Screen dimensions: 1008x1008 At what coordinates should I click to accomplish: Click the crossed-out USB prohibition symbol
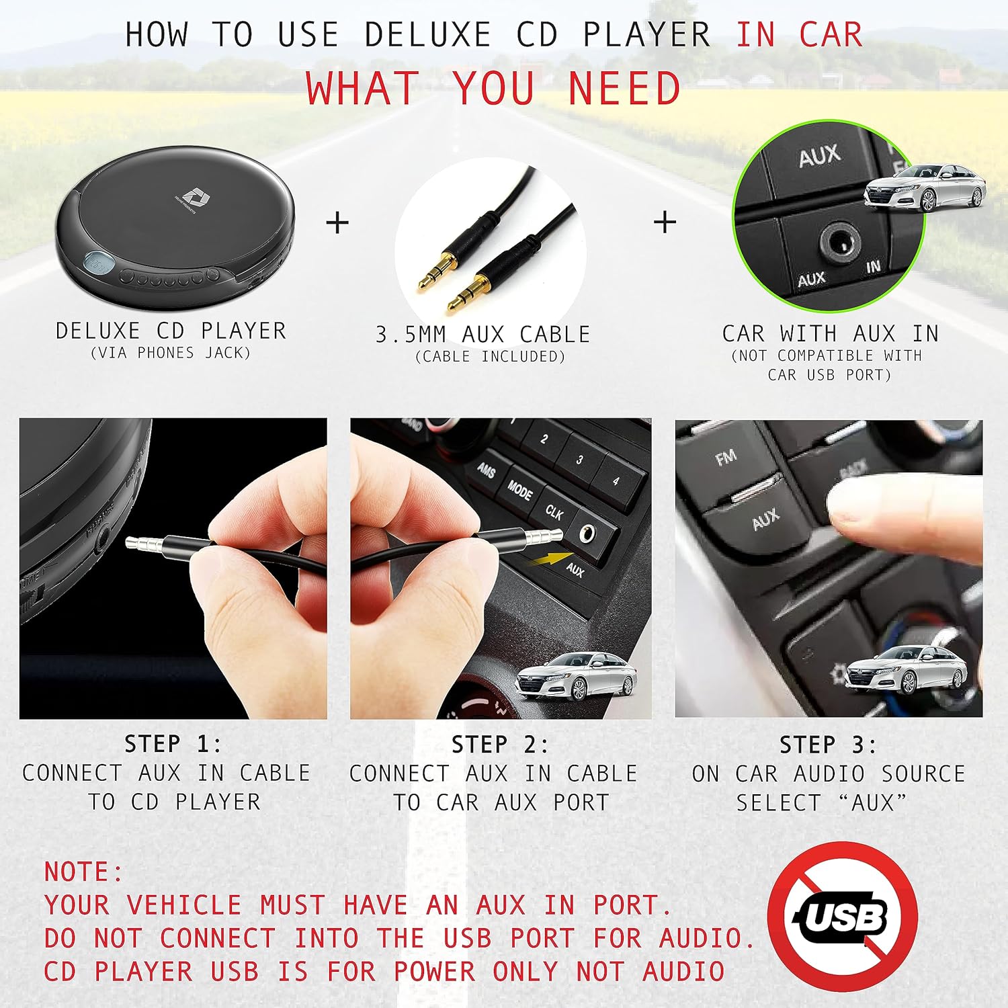[x=843, y=916]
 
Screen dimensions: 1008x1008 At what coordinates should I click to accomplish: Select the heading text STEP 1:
[x=173, y=744]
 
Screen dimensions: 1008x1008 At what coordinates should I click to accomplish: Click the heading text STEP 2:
[x=500, y=745]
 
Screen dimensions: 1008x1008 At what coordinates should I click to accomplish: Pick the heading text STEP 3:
[x=828, y=745]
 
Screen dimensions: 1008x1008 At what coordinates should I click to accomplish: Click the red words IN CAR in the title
[x=799, y=34]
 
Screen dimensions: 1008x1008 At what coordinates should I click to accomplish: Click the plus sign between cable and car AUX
[x=665, y=222]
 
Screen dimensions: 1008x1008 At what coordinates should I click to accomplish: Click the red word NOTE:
[x=84, y=872]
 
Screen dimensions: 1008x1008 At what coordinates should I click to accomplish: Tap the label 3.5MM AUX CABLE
[x=482, y=334]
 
